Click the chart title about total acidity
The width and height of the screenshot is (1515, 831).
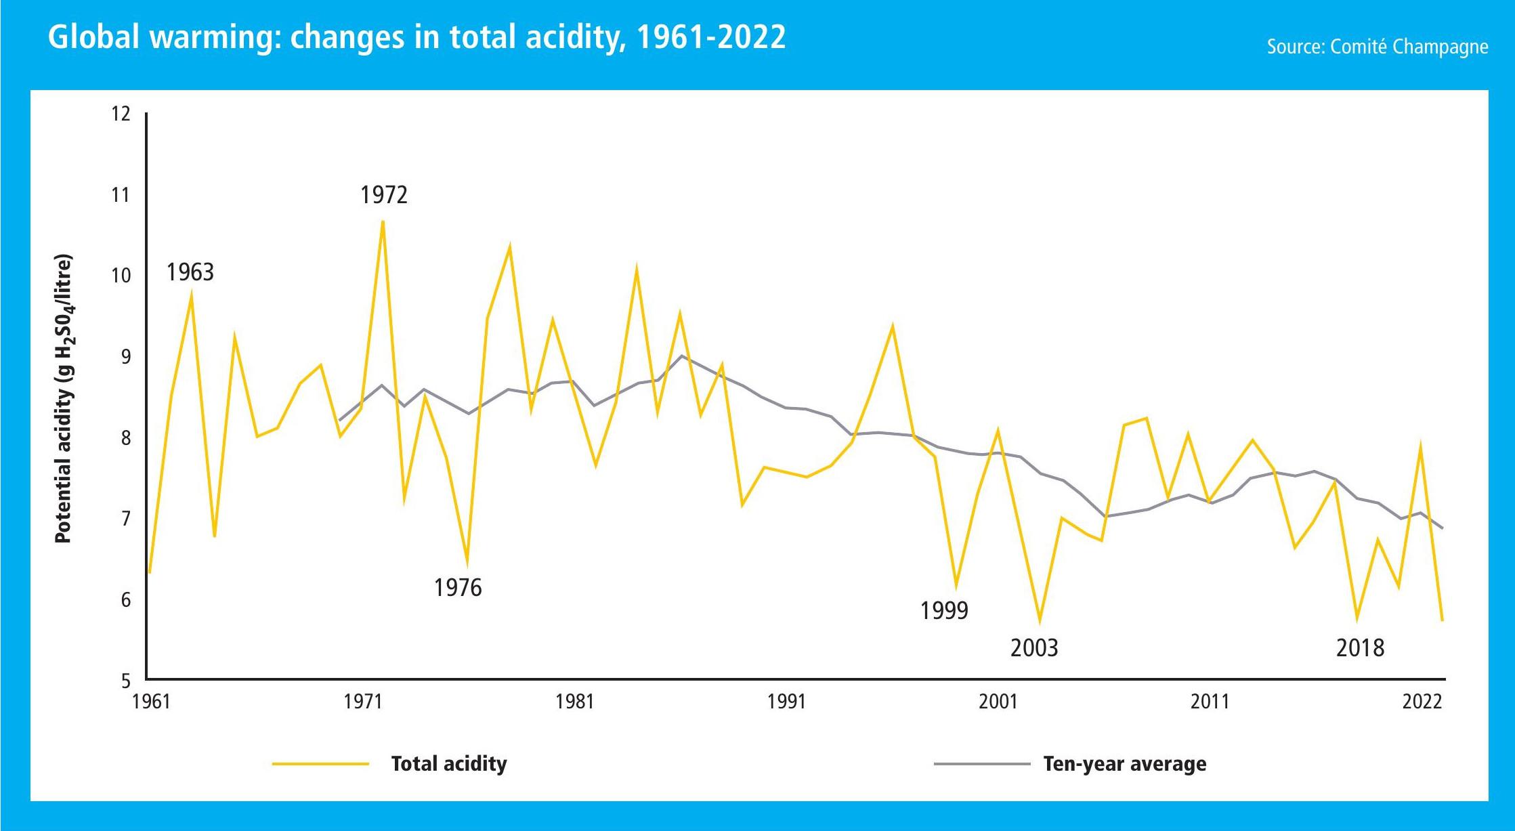(417, 37)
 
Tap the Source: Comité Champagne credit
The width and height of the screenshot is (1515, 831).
(1378, 47)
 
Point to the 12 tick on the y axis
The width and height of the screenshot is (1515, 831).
(121, 114)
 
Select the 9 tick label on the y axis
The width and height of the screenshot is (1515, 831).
(126, 357)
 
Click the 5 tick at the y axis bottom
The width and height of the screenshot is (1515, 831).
(126, 681)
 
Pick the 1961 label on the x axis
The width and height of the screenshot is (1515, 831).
(152, 702)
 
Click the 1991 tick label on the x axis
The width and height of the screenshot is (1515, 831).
(786, 702)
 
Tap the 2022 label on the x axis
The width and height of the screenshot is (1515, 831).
(1422, 702)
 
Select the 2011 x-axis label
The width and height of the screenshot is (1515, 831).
(1210, 702)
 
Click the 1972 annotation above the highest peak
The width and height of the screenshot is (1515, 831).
(384, 195)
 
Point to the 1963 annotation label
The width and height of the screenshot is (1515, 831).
(190, 272)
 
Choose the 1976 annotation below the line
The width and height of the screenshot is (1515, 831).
(458, 588)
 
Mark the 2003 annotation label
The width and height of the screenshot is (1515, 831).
(1034, 648)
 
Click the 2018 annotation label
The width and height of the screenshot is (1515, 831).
(1360, 648)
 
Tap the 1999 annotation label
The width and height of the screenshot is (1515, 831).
(944, 611)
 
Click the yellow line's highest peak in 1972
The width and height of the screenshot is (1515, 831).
(383, 221)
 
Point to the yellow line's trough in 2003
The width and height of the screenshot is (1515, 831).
(1040, 622)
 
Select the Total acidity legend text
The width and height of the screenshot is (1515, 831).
(449, 764)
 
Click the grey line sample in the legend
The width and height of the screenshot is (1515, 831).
(982, 764)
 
